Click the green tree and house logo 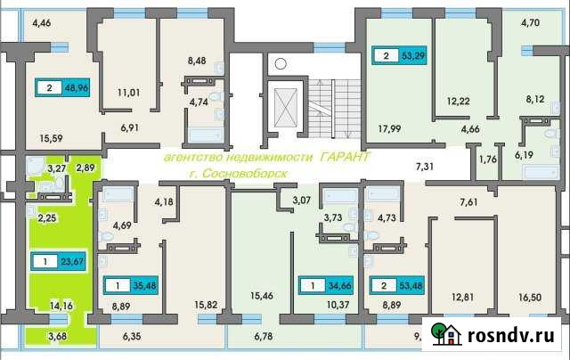tap(446, 333)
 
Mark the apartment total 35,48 tap(143, 287)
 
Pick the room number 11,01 tap(118, 91)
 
